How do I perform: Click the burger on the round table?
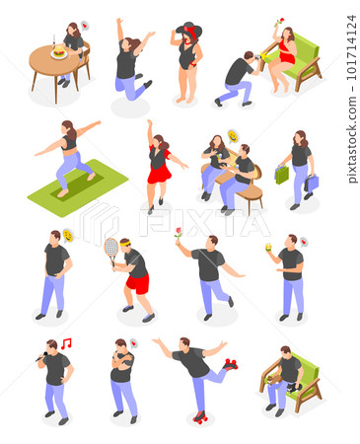click(x=59, y=50)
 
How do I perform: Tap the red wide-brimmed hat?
click(x=189, y=29)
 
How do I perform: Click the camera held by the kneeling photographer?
click(x=257, y=57)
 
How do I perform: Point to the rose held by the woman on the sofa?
click(x=280, y=22)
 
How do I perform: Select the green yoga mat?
click(x=78, y=187)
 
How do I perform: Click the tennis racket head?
click(x=111, y=248)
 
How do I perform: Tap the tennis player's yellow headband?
click(x=125, y=244)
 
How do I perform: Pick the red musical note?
click(x=66, y=343)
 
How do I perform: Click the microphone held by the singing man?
click(x=41, y=357)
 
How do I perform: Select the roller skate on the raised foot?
click(x=231, y=364)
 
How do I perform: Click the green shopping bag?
click(x=282, y=175)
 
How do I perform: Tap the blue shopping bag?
click(x=312, y=183)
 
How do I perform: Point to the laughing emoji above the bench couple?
click(x=233, y=136)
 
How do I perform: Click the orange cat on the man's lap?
click(x=274, y=379)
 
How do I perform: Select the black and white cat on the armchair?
click(x=295, y=388)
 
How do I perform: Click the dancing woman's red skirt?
click(x=160, y=173)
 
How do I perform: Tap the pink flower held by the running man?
click(x=179, y=232)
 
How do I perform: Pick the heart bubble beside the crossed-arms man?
click(x=133, y=343)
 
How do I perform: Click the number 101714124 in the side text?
click(x=351, y=47)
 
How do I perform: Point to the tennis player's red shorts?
click(x=138, y=283)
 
